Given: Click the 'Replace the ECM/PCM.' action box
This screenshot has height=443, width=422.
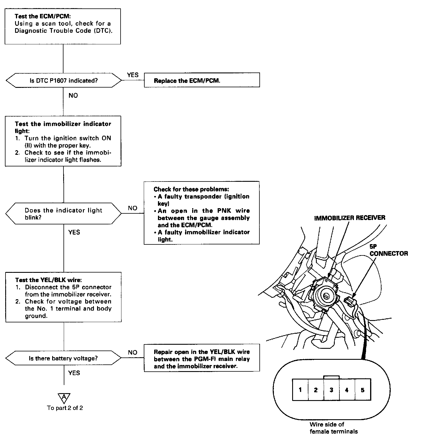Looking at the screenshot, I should click(202, 80).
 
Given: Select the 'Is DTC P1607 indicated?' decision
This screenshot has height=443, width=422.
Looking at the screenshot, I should click(63, 80).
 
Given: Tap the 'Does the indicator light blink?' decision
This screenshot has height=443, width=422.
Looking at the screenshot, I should click(63, 214).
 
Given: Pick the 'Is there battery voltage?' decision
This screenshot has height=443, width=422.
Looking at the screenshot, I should click(63, 358).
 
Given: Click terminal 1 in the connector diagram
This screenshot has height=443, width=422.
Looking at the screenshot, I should click(300, 390).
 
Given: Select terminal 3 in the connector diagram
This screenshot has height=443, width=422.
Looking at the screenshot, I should click(331, 390).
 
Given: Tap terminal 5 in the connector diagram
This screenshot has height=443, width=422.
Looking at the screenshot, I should click(362, 390).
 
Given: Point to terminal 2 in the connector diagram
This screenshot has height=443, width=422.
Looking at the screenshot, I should click(316, 390).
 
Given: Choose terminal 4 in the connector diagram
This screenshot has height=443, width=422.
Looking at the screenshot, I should click(347, 390).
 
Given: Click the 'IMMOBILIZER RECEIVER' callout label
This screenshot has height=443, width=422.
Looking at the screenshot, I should click(350, 218).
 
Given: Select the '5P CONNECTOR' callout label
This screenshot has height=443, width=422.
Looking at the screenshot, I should click(388, 250).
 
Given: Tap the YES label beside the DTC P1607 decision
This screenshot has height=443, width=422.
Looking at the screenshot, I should click(133, 75).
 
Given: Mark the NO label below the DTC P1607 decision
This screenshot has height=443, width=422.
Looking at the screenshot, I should click(73, 95).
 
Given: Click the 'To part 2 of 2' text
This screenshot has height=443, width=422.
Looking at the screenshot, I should click(65, 408).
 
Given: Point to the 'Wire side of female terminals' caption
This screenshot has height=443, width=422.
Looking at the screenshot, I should click(333, 428).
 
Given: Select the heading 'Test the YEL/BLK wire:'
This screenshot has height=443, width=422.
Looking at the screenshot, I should click(48, 280).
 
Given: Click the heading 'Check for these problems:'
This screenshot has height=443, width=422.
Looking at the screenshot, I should click(191, 189).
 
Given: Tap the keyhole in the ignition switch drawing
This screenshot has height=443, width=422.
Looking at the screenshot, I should click(325, 297).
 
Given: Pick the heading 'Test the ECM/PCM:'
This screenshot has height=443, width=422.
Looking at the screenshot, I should click(43, 17).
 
